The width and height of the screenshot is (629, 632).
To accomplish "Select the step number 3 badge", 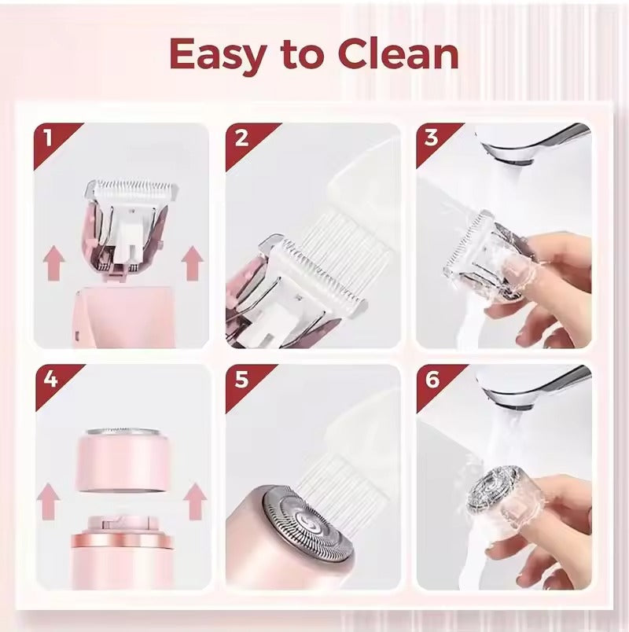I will point(431,138).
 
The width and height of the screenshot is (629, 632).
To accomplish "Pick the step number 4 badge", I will point(48,380).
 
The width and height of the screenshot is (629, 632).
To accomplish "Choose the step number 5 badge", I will point(241,380).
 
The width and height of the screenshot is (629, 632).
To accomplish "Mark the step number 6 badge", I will point(431,380).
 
